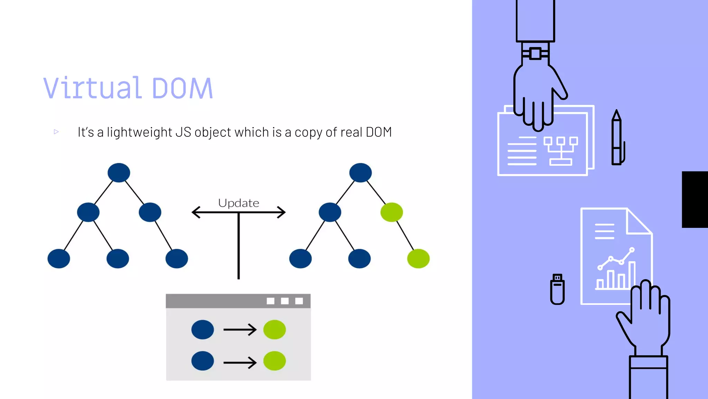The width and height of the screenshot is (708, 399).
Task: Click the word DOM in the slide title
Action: (x=182, y=89)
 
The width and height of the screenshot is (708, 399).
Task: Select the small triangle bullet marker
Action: (x=56, y=132)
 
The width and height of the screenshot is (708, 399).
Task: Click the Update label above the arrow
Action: (x=239, y=203)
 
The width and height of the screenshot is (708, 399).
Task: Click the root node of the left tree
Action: (x=119, y=172)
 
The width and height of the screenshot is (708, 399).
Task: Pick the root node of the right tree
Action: (x=360, y=172)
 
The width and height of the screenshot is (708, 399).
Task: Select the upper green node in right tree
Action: (x=391, y=212)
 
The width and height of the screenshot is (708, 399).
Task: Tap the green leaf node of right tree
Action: (x=418, y=258)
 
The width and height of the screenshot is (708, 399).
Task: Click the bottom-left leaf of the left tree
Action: (x=59, y=258)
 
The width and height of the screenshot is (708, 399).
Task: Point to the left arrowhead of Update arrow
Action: (x=196, y=212)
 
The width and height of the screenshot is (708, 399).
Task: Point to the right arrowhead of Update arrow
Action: (x=281, y=212)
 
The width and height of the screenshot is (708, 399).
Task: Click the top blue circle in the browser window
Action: (x=203, y=329)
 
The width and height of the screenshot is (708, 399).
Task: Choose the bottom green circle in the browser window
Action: (x=274, y=361)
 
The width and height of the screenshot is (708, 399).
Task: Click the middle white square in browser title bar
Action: (x=285, y=301)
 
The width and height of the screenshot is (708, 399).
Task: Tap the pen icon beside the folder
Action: (x=617, y=139)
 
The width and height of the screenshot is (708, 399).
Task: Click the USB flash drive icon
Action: (x=557, y=289)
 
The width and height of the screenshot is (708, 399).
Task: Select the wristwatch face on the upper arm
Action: (x=535, y=54)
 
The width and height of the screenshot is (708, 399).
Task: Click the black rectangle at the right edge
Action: (x=695, y=199)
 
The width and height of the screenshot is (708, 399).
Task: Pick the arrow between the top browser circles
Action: (x=240, y=329)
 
